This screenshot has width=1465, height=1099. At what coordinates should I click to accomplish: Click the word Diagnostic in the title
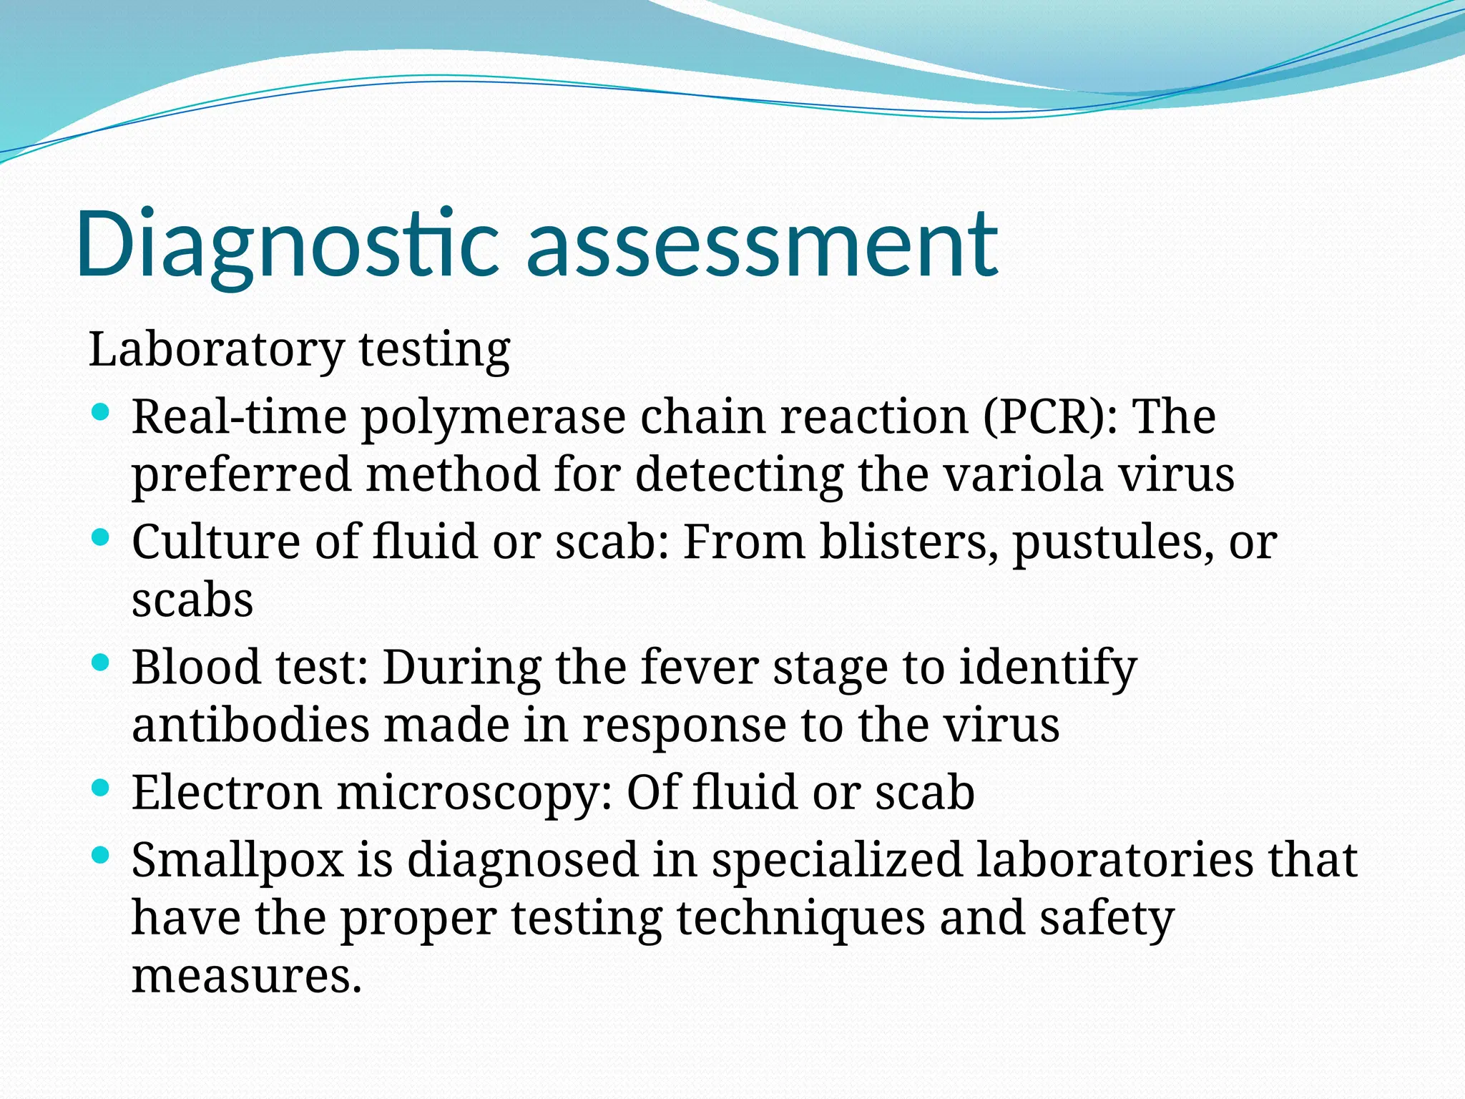[286, 243]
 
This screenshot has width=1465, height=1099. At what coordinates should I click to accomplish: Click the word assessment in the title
[762, 243]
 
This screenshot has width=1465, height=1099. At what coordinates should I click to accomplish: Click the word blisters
[908, 542]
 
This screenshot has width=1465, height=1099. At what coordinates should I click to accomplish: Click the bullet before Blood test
[101, 663]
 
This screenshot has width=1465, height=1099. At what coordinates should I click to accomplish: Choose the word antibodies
[250, 726]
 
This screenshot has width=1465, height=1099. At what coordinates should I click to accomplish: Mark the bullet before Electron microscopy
[101, 788]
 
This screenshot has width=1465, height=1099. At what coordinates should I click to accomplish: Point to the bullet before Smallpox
[101, 854]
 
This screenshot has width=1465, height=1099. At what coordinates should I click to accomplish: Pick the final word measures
[246, 977]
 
